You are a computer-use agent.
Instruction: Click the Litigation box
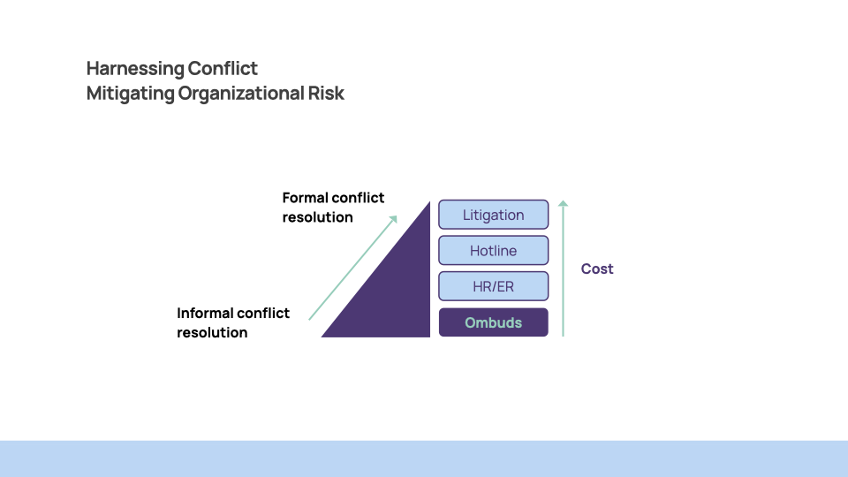coord(493,215)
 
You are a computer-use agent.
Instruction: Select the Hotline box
coord(493,251)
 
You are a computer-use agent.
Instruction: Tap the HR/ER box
coord(493,287)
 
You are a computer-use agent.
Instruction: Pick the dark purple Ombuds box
coord(493,322)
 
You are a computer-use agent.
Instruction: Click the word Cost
coord(597,269)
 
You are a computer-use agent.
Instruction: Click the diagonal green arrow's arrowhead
coord(393,218)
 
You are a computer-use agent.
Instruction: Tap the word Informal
coord(204,313)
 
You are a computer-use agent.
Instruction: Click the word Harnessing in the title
coord(135,69)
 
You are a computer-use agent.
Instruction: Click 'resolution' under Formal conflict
coord(318,217)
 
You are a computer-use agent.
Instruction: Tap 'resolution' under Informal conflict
coord(212,333)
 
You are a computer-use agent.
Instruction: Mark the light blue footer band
coord(424,458)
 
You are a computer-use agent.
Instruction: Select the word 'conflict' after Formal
coord(360,198)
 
